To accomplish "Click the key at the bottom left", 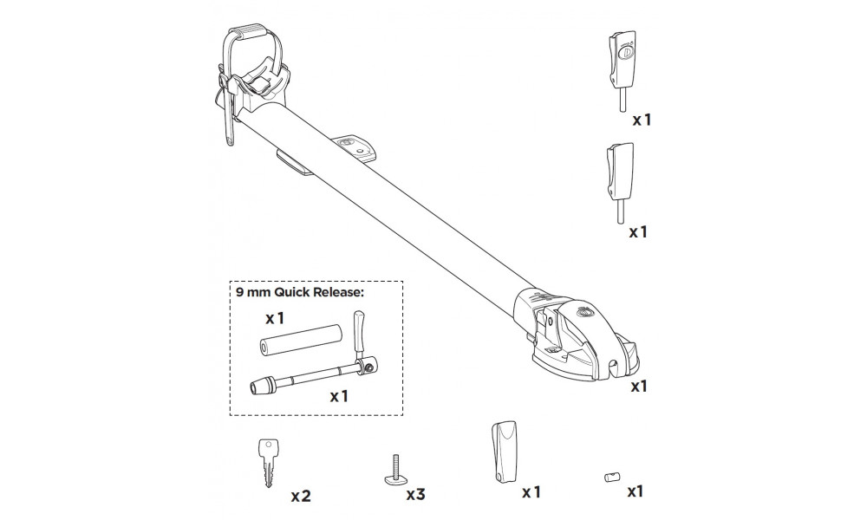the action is click(x=268, y=463).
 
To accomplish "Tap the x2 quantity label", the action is click(x=301, y=497).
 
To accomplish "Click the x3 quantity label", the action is click(x=416, y=494).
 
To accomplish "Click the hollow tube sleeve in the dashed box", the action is click(x=300, y=339).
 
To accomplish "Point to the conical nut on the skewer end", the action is click(x=260, y=387).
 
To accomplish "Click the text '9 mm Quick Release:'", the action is click(x=300, y=292).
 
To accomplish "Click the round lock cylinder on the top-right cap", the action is click(x=627, y=53).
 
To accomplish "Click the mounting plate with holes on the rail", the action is click(x=355, y=147).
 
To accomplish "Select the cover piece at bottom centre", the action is click(x=504, y=452).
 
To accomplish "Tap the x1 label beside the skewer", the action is click(x=339, y=396).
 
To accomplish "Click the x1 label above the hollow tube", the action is click(x=275, y=318).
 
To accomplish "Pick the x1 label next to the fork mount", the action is click(x=639, y=387).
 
